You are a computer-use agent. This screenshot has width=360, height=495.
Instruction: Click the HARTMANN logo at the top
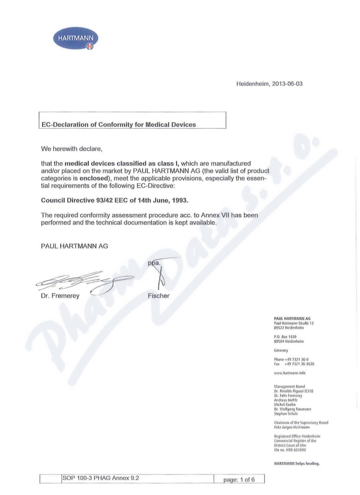76,40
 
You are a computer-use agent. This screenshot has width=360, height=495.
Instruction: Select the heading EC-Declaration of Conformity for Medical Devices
119,125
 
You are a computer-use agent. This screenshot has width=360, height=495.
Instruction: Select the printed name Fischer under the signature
158,296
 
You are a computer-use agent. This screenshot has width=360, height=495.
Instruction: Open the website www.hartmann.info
293,373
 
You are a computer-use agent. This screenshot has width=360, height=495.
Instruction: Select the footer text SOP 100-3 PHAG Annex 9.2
100,478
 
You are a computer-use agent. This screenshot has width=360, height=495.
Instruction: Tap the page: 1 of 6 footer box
239,480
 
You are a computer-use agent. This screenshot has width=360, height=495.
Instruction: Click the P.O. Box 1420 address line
285,337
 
